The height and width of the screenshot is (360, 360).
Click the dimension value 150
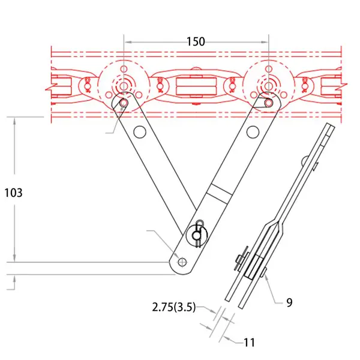[x=196, y=42]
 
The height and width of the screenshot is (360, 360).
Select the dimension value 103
[x=14, y=193]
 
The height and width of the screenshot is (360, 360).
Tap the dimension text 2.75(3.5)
[x=174, y=307]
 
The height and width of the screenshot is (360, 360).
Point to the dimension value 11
[x=250, y=343]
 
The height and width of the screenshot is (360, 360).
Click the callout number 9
[x=290, y=302]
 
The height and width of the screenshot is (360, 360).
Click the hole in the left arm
[x=140, y=132]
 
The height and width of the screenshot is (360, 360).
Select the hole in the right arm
[x=253, y=132]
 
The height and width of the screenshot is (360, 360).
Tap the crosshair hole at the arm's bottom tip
[x=182, y=262]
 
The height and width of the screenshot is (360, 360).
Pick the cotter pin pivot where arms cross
[x=197, y=235]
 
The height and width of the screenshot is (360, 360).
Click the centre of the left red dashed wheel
[x=124, y=86]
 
